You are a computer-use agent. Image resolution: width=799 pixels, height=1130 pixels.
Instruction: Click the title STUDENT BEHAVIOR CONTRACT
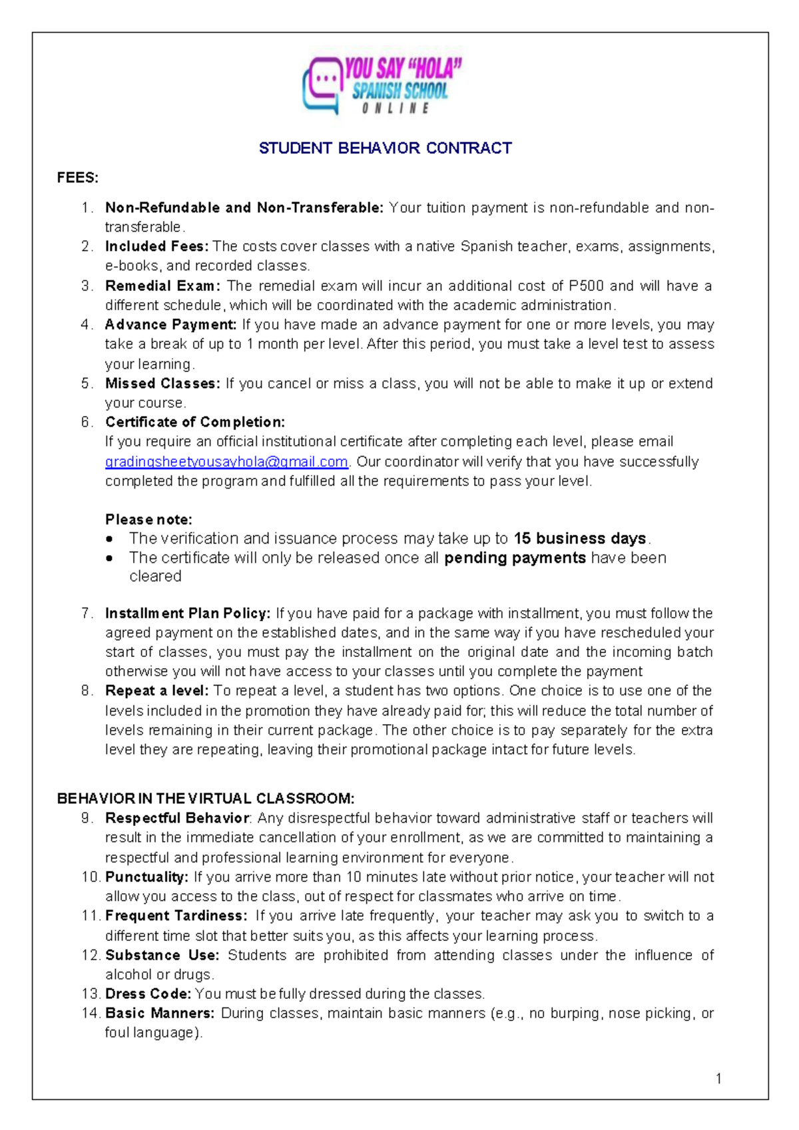click(x=385, y=148)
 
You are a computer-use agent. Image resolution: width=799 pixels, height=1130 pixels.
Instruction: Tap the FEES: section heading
click(x=77, y=178)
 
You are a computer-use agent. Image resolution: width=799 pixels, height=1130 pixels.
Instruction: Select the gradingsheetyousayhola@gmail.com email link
click(x=226, y=462)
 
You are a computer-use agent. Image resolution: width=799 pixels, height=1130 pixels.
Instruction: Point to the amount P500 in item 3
click(x=586, y=286)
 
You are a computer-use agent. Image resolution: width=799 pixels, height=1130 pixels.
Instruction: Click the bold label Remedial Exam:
click(x=162, y=286)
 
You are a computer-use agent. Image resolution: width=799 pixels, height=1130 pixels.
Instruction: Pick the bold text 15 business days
click(x=579, y=538)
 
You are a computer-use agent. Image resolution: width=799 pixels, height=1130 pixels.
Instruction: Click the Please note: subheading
click(x=148, y=519)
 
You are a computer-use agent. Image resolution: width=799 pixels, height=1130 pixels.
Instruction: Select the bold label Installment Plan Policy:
click(x=188, y=613)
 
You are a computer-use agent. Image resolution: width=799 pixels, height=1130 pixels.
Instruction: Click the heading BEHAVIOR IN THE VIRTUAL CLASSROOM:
click(x=206, y=798)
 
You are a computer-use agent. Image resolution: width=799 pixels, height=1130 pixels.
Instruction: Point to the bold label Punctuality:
click(x=146, y=877)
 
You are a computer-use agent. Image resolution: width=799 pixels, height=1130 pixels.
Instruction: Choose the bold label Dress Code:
click(x=148, y=994)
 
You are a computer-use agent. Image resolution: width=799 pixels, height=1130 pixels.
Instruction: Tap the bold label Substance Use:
click(x=162, y=955)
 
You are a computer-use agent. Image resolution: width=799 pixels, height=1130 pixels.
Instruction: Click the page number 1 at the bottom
click(x=718, y=1078)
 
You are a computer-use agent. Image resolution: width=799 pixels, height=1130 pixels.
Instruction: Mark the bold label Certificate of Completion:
click(x=194, y=422)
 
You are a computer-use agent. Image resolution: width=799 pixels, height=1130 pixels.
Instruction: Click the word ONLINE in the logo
click(x=396, y=108)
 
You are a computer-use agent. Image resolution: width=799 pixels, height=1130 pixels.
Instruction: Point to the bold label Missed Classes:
click(x=162, y=383)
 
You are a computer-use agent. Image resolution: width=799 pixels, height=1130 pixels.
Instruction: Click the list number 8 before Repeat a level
click(x=86, y=691)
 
